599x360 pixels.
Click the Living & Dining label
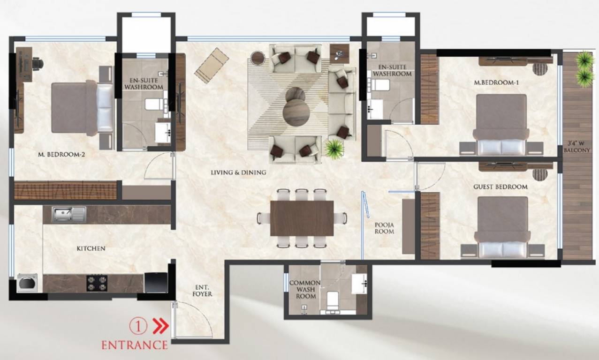pyautogui.click(x=238, y=172)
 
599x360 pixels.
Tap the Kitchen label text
pyautogui.click(x=91, y=248)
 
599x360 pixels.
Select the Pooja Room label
pyautogui.click(x=384, y=228)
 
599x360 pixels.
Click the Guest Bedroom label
pyautogui.click(x=500, y=187)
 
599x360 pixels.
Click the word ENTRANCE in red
pyautogui.click(x=135, y=345)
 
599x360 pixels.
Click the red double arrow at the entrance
pyautogui.click(x=160, y=326)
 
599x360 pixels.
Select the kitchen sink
pyautogui.click(x=69, y=214)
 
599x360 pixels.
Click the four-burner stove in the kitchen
pyautogui.click(x=97, y=283)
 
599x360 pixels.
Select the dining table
pyautogui.click(x=302, y=218)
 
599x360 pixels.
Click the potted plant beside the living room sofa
pyautogui.click(x=334, y=149)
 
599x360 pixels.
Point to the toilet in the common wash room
pyautogui.click(x=333, y=300)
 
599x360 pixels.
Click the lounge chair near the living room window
pyautogui.click(x=212, y=66)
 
